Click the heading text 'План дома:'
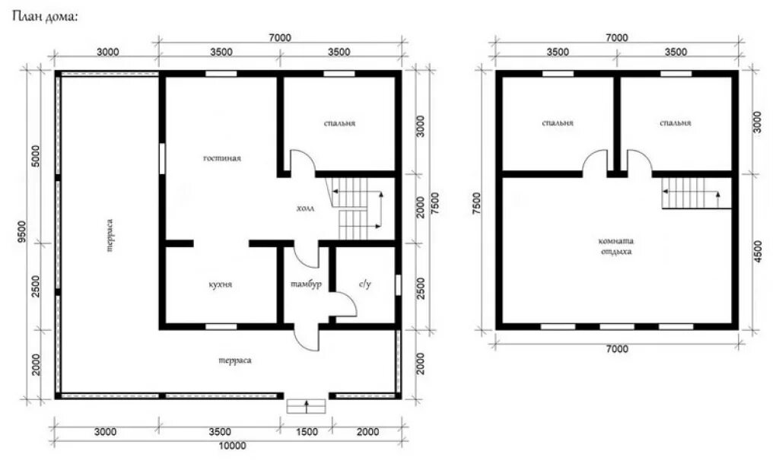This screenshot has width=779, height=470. pyautogui.click(x=45, y=17)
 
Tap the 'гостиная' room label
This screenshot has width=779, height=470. pyautogui.click(x=222, y=158)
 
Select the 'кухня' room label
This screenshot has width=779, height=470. pyautogui.click(x=220, y=285)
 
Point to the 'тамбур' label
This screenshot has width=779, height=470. pyautogui.click(x=306, y=284)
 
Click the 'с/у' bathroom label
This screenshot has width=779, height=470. pyautogui.click(x=365, y=284)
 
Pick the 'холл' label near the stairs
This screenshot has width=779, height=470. pyautogui.click(x=306, y=208)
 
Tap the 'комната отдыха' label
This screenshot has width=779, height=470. pyautogui.click(x=616, y=246)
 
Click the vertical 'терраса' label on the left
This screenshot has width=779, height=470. pyautogui.click(x=110, y=236)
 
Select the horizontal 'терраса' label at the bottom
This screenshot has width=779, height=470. pyautogui.click(x=235, y=360)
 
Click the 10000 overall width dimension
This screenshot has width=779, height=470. pyautogui.click(x=233, y=446)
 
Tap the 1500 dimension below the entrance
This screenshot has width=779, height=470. pyautogui.click(x=307, y=432)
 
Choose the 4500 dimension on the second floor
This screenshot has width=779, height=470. pyautogui.click(x=758, y=252)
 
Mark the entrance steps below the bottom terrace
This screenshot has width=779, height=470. pyautogui.click(x=306, y=406)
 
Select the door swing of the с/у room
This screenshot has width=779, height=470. pyautogui.click(x=346, y=303)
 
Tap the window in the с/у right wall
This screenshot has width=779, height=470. pyautogui.click(x=398, y=284)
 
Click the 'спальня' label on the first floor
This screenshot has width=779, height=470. pyautogui.click(x=340, y=123)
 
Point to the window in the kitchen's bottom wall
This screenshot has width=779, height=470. pyautogui.click(x=221, y=326)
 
